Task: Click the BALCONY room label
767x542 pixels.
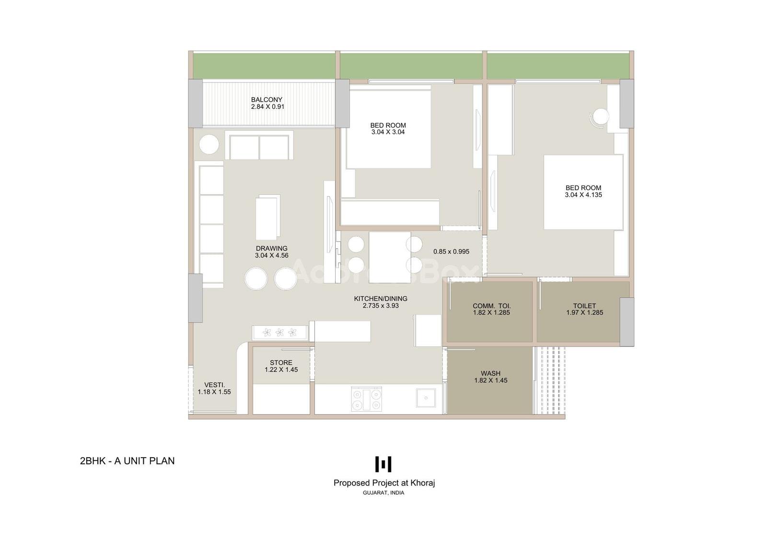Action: click(267, 100)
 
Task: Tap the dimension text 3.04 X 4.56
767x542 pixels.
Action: click(271, 255)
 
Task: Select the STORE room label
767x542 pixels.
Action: click(281, 363)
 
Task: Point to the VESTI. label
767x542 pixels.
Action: click(215, 385)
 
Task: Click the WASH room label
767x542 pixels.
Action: click(491, 373)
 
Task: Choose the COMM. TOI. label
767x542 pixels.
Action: click(492, 306)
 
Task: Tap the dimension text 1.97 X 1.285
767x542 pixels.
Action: click(584, 312)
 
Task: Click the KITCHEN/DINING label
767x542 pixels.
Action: click(381, 299)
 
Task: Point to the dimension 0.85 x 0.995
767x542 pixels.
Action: click(451, 252)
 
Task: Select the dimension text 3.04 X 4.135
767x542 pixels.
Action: click(583, 195)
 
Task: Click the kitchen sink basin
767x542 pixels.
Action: click(426, 398)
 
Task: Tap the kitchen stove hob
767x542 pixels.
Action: click(366, 399)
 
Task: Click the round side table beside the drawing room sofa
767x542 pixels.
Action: click(209, 145)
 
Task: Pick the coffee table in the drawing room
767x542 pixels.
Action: click(268, 217)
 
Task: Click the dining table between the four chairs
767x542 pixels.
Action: click(390, 257)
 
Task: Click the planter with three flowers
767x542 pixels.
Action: click(280, 333)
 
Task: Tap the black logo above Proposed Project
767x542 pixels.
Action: click(383, 464)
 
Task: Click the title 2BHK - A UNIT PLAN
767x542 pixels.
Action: click(128, 461)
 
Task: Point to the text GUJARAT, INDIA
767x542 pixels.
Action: click(383, 493)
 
